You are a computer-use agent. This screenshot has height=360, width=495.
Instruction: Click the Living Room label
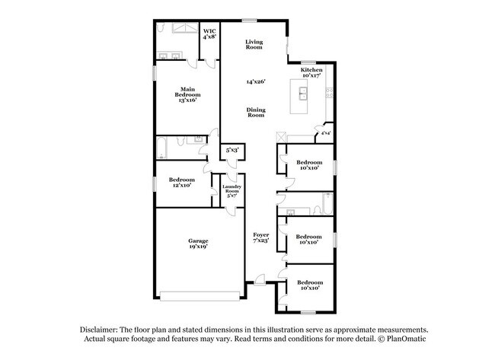tap(254, 44)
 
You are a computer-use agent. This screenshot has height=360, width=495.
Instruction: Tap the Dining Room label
tap(256, 112)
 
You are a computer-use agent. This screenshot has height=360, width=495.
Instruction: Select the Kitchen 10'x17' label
tap(311, 73)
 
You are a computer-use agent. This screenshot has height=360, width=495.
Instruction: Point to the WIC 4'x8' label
tap(209, 33)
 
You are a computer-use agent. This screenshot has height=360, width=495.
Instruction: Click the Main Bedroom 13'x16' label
tap(188, 94)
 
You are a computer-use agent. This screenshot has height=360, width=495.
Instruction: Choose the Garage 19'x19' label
tap(199, 244)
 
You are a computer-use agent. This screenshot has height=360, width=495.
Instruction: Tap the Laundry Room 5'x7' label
tap(232, 191)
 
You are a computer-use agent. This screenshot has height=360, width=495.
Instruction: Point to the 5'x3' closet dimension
tap(232, 151)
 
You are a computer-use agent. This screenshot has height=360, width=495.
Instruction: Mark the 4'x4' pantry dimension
tap(325, 134)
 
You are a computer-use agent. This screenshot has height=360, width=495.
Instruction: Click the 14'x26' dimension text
tap(255, 81)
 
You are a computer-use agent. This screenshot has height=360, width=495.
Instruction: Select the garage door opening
tap(200, 295)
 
